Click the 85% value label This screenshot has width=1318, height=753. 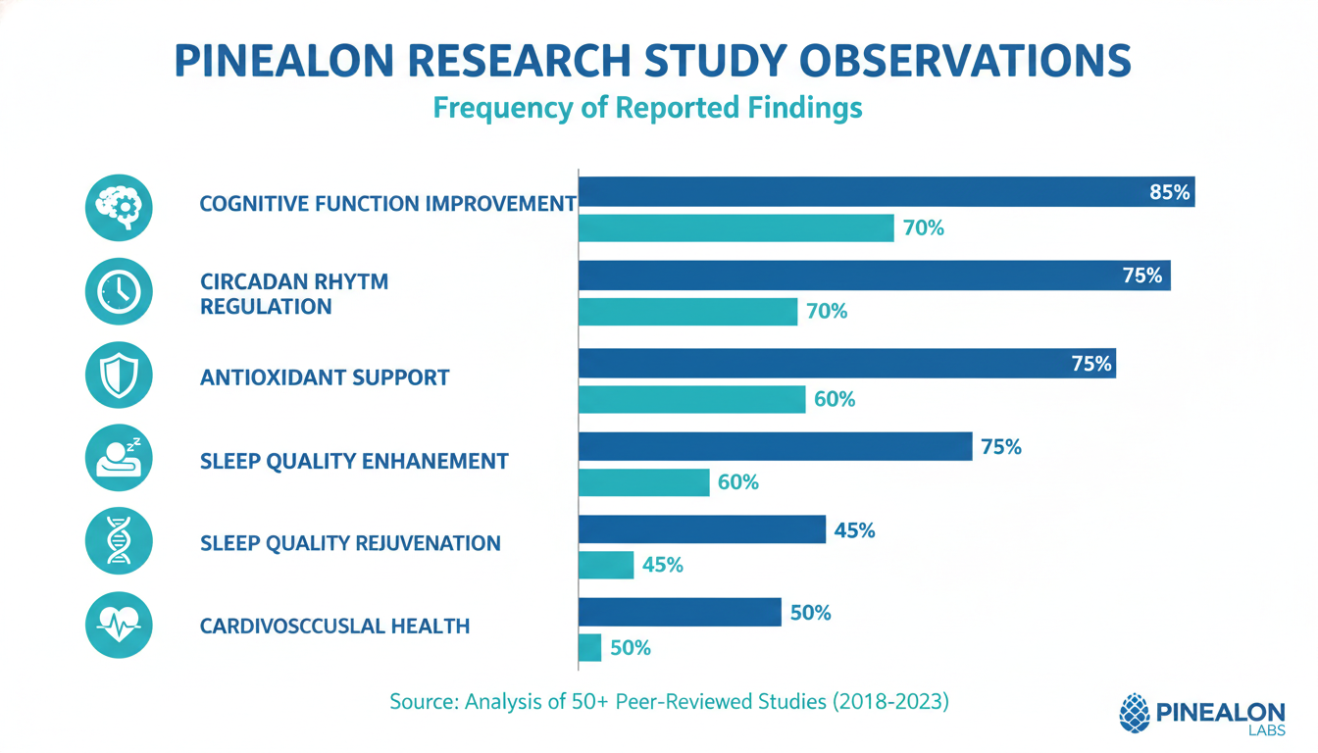[x=1169, y=193]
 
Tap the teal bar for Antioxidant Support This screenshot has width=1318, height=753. [x=692, y=399]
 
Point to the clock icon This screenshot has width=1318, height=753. [x=119, y=291]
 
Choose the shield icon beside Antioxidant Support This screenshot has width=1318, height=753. [x=119, y=376]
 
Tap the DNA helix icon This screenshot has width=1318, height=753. [x=119, y=542]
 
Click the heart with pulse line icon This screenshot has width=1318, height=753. [x=119, y=625]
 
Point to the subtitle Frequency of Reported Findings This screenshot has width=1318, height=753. [x=647, y=107]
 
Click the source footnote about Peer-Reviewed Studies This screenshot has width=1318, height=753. [x=670, y=702]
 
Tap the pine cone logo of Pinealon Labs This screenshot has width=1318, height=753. [x=1134, y=713]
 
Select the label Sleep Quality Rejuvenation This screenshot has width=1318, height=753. [x=350, y=543]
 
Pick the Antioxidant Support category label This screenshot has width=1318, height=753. [x=325, y=376]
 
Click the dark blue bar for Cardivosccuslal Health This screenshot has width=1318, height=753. [x=680, y=613]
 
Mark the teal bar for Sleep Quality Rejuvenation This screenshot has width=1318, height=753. [x=606, y=565]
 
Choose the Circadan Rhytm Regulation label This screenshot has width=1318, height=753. [x=294, y=293]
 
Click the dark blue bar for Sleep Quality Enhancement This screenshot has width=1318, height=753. [x=775, y=447]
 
